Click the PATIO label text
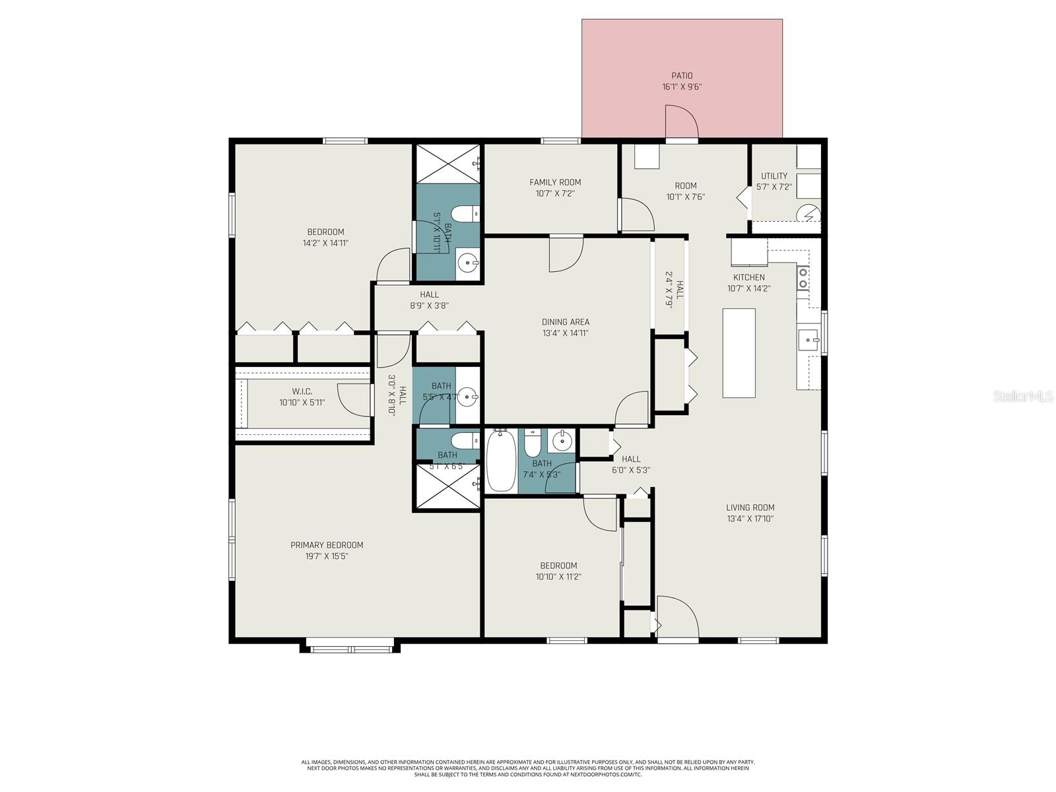[682, 76]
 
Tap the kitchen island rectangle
[739, 353]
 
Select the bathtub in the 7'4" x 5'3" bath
[501, 460]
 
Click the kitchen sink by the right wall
[808, 340]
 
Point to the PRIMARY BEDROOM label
[327, 545]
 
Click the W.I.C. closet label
[302, 391]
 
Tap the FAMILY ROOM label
[555, 182]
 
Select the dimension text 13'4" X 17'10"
[750, 519]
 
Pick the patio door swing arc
[682, 122]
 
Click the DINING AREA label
[565, 322]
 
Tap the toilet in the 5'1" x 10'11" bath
[465, 214]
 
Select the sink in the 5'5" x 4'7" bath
[469, 397]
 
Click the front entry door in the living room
[677, 617]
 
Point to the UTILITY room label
[774, 176]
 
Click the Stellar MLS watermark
[1022, 397]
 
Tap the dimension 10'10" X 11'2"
[558, 577]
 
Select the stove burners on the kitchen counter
[803, 277]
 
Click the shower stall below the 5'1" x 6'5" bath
[448, 486]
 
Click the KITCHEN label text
[748, 277]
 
